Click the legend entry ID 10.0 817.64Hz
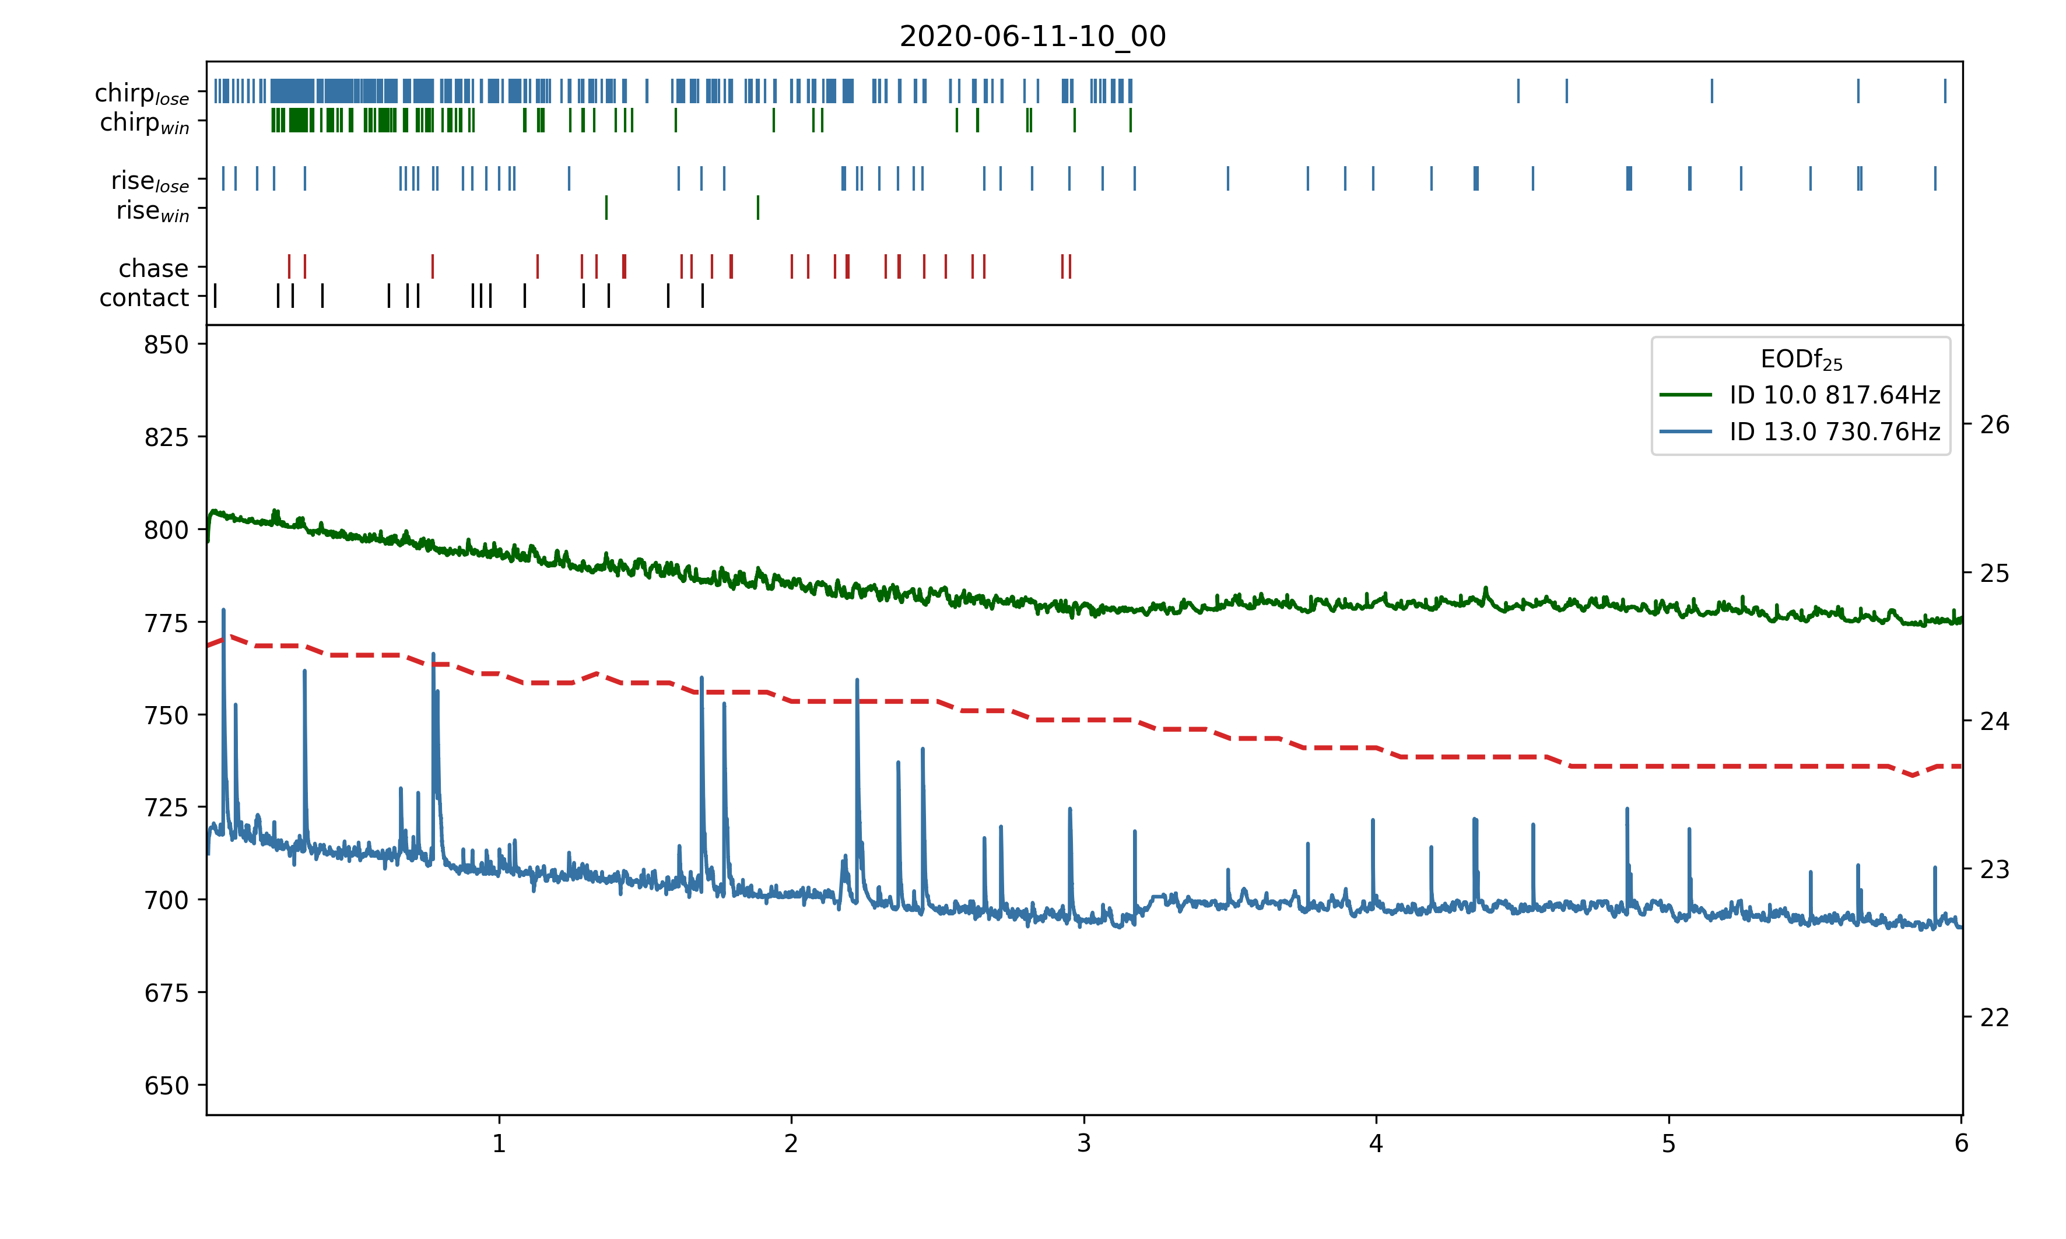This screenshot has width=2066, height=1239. (1834, 394)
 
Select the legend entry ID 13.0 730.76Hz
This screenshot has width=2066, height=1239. (1834, 431)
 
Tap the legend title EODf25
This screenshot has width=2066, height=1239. (1801, 360)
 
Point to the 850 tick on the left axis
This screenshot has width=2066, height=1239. (166, 345)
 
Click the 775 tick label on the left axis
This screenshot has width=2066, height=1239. (166, 623)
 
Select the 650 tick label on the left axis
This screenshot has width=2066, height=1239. (166, 1086)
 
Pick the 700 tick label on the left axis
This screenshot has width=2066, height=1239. (166, 900)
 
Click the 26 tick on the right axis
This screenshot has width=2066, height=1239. (1994, 425)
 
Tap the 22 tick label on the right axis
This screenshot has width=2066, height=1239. (1994, 1018)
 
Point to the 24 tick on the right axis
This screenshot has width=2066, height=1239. (1994, 721)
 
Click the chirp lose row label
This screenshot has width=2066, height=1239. (142, 93)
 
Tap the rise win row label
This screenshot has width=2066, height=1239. (153, 211)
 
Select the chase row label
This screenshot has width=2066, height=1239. (153, 268)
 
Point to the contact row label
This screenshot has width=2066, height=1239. (145, 297)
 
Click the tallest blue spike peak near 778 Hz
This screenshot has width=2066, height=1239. (223, 610)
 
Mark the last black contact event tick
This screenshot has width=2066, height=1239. (703, 296)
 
